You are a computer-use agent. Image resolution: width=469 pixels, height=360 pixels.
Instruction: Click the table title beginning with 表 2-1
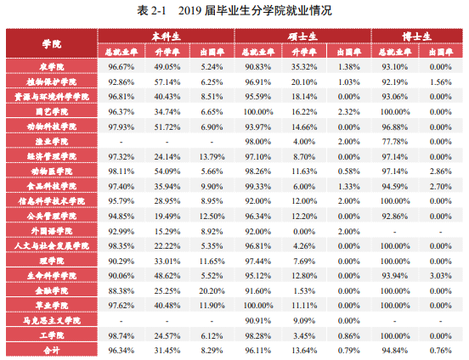[x=234, y=10]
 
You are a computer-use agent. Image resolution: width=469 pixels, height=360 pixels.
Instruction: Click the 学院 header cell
[x=51, y=43]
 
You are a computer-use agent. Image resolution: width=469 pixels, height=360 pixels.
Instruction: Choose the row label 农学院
[x=51, y=66]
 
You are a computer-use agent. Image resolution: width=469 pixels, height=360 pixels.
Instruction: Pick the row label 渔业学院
[x=51, y=141]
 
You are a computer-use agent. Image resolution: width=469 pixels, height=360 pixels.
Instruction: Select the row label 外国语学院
[x=51, y=231]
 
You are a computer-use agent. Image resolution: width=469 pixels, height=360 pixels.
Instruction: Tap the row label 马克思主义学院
[x=51, y=321]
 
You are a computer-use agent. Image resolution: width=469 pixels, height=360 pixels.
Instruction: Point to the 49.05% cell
[x=167, y=66]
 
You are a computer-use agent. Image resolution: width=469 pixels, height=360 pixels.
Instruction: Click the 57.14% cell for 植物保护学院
[x=167, y=82]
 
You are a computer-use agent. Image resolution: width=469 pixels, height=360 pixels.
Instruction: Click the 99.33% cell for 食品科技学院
[x=257, y=186]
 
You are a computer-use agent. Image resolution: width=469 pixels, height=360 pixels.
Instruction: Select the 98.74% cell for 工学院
[x=120, y=336]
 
